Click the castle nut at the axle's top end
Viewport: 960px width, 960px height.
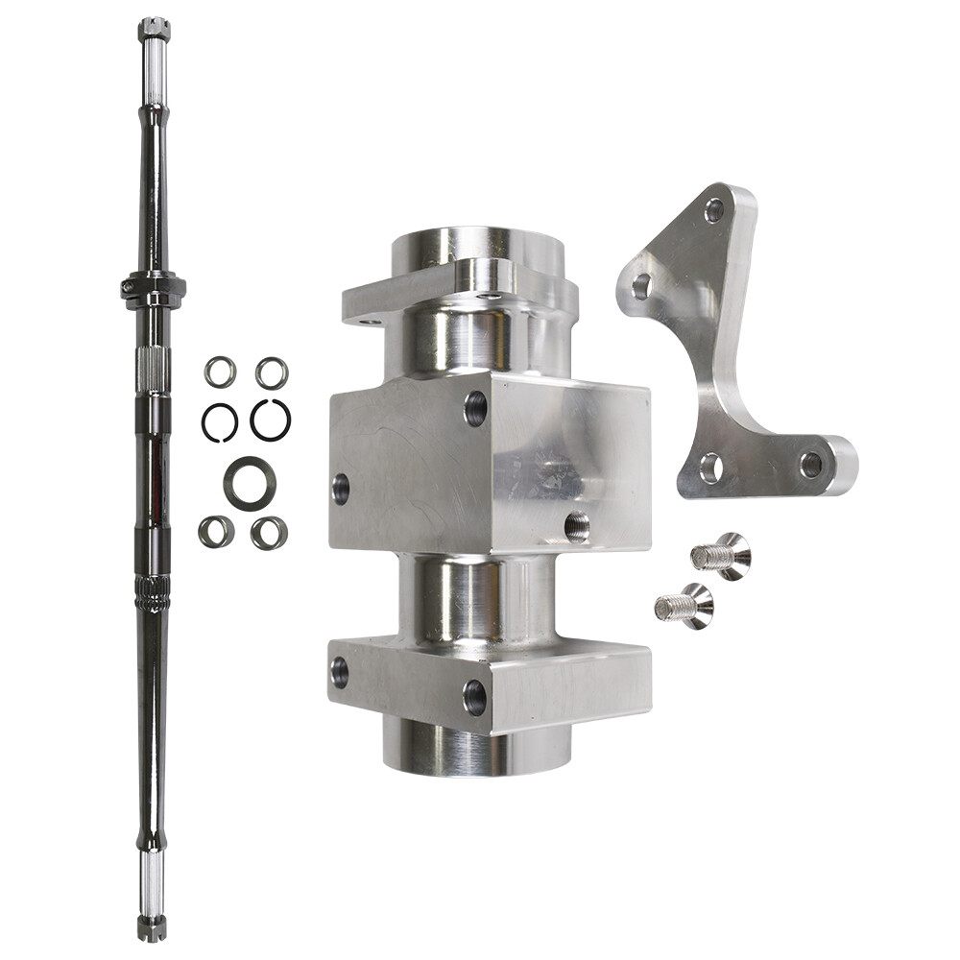[154, 29]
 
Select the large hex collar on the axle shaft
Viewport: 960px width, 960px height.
[154, 287]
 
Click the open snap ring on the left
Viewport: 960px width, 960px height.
[220, 422]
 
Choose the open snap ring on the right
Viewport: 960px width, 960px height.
[271, 420]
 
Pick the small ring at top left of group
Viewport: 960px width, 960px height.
[220, 372]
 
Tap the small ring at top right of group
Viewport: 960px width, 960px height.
[272, 372]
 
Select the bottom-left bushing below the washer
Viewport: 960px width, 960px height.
[217, 532]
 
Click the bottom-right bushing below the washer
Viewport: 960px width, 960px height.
[269, 533]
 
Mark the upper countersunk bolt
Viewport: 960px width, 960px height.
[722, 556]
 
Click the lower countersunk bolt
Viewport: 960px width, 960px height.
[684, 606]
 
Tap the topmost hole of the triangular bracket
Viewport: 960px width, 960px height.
[714, 210]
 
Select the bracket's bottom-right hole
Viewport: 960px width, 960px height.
[811, 465]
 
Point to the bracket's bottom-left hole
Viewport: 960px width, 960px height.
[711, 468]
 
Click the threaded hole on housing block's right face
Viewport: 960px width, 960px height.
[577, 525]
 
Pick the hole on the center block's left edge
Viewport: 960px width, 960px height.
[341, 489]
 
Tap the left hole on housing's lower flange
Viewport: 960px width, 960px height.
[339, 671]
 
